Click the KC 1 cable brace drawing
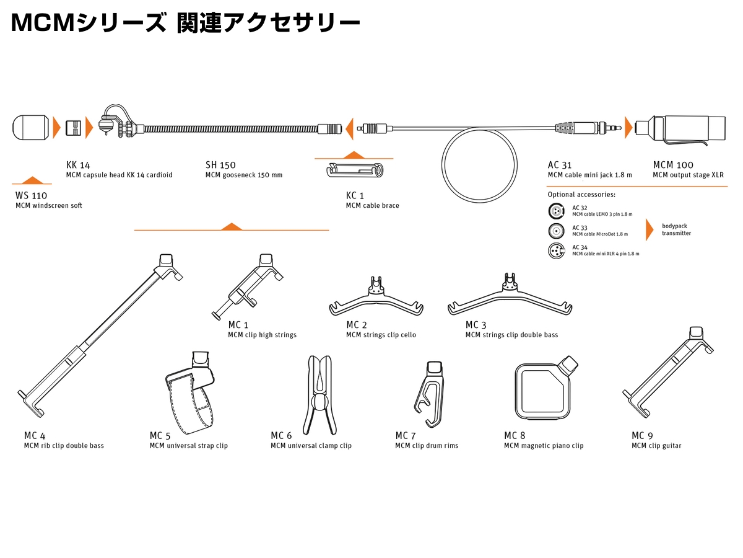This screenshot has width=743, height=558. tap(355, 170)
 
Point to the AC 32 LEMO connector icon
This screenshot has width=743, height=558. tap(557, 211)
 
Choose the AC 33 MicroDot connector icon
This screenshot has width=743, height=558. tap(557, 231)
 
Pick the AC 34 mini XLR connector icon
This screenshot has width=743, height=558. tap(557, 251)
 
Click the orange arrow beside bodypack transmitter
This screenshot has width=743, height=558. tap(650, 229)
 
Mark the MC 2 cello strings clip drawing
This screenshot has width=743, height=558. tap(377, 299)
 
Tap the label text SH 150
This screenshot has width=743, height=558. tap(220, 165)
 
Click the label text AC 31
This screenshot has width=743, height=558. tap(560, 165)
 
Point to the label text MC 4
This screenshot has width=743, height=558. tap(35, 435)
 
